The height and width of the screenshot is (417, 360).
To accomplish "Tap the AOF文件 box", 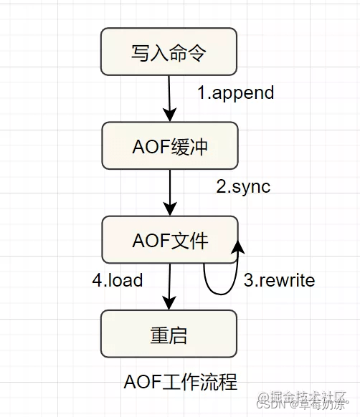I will [169, 240].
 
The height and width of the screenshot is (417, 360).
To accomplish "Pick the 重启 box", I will [169, 334].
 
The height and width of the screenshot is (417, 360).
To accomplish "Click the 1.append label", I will [236, 93].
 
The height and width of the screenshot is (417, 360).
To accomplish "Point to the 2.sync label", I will [243, 186].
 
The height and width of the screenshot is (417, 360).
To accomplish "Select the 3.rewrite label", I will [279, 280].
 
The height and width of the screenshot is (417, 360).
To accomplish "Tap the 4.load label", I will [118, 280].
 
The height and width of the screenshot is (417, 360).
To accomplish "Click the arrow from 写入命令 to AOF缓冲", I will [169, 97].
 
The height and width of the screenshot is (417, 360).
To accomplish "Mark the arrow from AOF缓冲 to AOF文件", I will [169, 191].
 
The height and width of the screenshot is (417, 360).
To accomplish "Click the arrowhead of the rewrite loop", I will [236, 246].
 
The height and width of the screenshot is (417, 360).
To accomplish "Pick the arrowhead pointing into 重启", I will [169, 303].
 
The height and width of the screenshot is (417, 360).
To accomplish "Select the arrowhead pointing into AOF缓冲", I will [169, 115].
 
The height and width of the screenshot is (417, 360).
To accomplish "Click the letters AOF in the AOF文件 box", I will [148, 240].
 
